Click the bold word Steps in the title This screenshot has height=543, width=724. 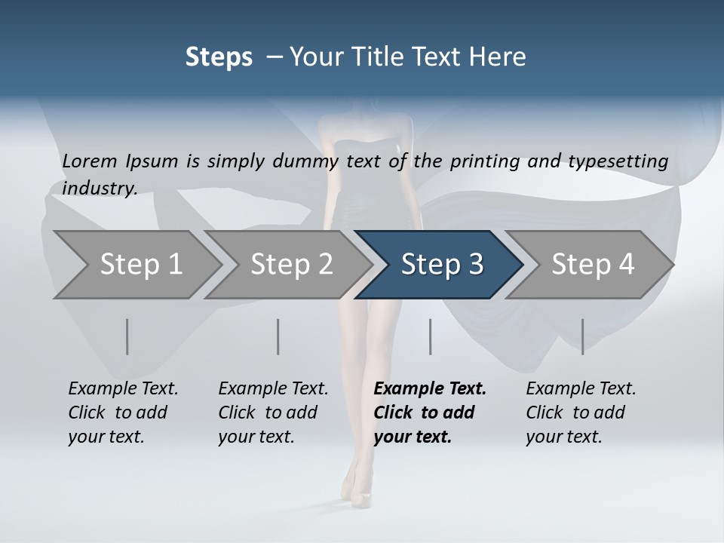(x=219, y=57)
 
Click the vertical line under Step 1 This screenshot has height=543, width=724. (x=127, y=336)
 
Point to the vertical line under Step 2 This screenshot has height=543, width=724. (x=278, y=336)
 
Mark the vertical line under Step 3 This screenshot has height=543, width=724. (x=431, y=336)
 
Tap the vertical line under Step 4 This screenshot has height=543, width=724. (x=582, y=336)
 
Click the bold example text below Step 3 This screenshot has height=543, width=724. (x=430, y=413)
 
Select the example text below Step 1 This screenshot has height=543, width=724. (x=123, y=413)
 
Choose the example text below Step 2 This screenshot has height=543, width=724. (x=273, y=413)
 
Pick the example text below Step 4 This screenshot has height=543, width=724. (x=581, y=413)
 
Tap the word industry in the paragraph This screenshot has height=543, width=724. (x=100, y=188)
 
